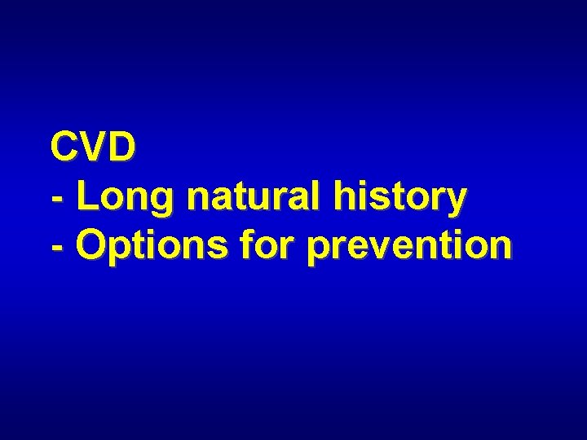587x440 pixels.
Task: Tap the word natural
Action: pyautogui.click(x=235, y=196)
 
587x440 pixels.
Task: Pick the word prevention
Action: pyautogui.click(x=409, y=245)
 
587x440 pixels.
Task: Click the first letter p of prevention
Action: pyautogui.click(x=318, y=250)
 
